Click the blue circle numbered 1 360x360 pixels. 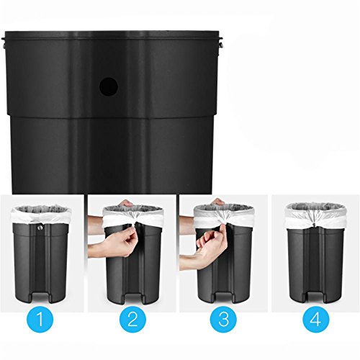(x=40, y=319)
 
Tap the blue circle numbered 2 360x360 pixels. (x=132, y=319)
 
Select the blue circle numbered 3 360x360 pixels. (x=223, y=319)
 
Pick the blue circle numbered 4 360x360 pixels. (x=316, y=319)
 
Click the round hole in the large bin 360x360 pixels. (x=109, y=86)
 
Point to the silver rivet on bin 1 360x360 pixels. (x=40, y=227)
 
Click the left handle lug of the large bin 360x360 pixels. (x=4, y=42)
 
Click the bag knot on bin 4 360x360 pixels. (x=314, y=225)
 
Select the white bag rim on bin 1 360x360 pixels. (x=41, y=215)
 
